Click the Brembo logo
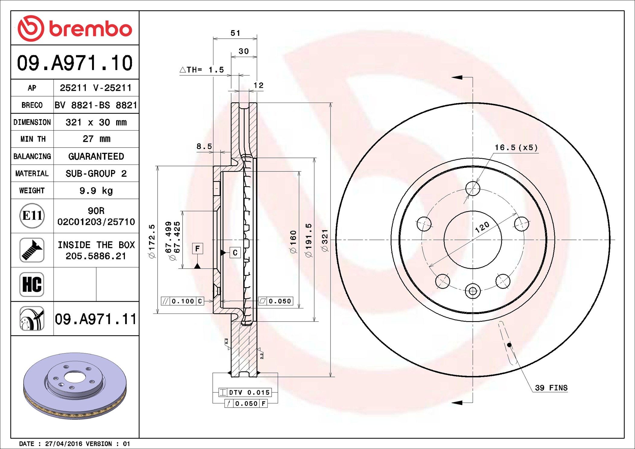[x=75, y=28]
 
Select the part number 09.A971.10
[x=75, y=63]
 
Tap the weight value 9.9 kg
[x=96, y=191]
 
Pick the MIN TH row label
[x=33, y=139]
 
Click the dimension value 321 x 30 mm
[x=96, y=122]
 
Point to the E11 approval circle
[x=32, y=215]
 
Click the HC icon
[x=32, y=284]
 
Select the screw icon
[x=32, y=250]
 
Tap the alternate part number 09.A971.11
[x=96, y=319]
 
